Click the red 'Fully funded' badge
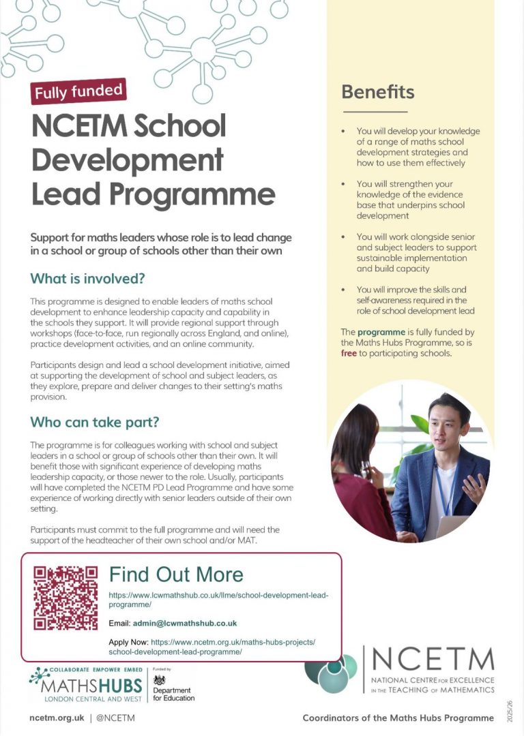78,91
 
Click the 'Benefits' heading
377,91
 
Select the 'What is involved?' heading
87,279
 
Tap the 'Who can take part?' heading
94,422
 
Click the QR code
65,598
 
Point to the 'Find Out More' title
176,574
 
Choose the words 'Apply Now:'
128,642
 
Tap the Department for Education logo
173,689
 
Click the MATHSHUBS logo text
86,685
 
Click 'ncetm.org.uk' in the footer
57,718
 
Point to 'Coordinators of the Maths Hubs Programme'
398,718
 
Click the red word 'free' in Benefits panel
348,354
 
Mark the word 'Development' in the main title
128,159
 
